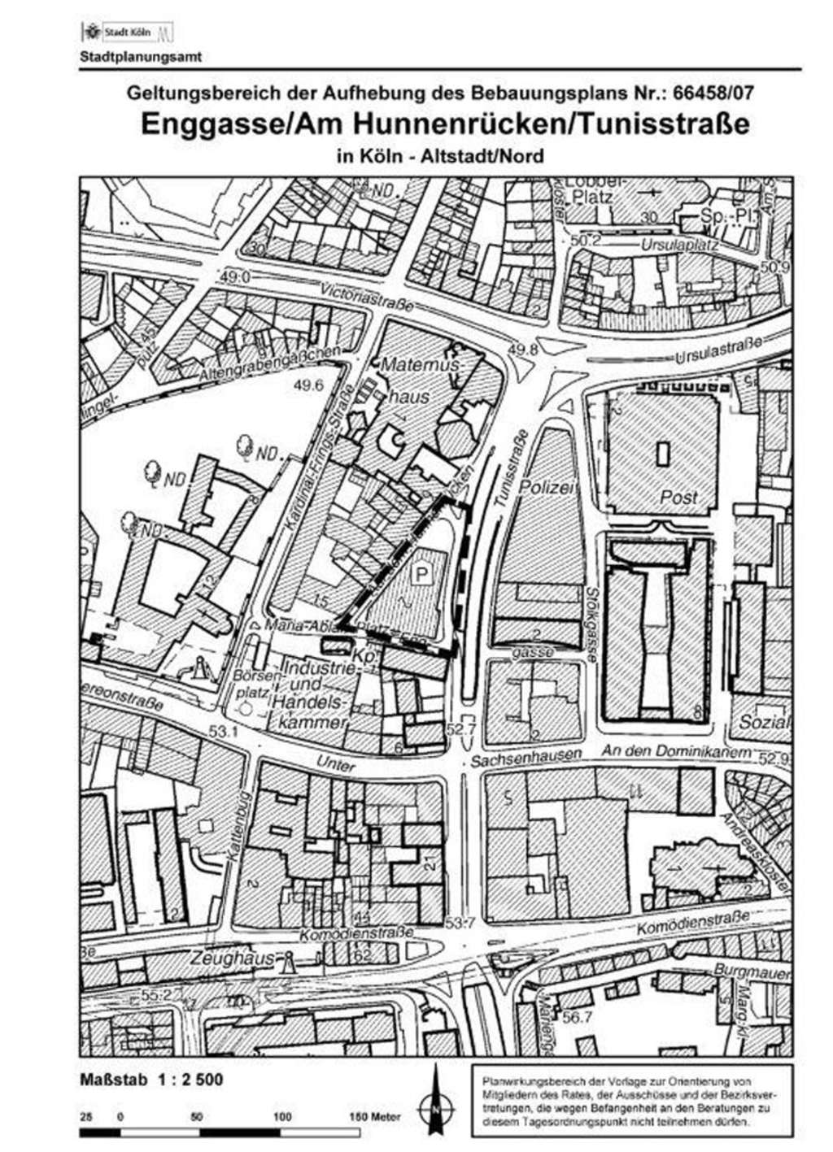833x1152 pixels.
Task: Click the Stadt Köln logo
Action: click(x=127, y=33)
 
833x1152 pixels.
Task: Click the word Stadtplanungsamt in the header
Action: click(x=140, y=57)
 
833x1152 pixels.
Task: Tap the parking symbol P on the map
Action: click(x=421, y=575)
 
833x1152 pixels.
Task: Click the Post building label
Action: click(x=678, y=497)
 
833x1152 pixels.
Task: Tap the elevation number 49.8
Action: click(x=523, y=350)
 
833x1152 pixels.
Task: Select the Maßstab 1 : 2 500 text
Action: click(x=151, y=1080)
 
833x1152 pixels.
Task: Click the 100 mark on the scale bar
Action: click(x=281, y=1117)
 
